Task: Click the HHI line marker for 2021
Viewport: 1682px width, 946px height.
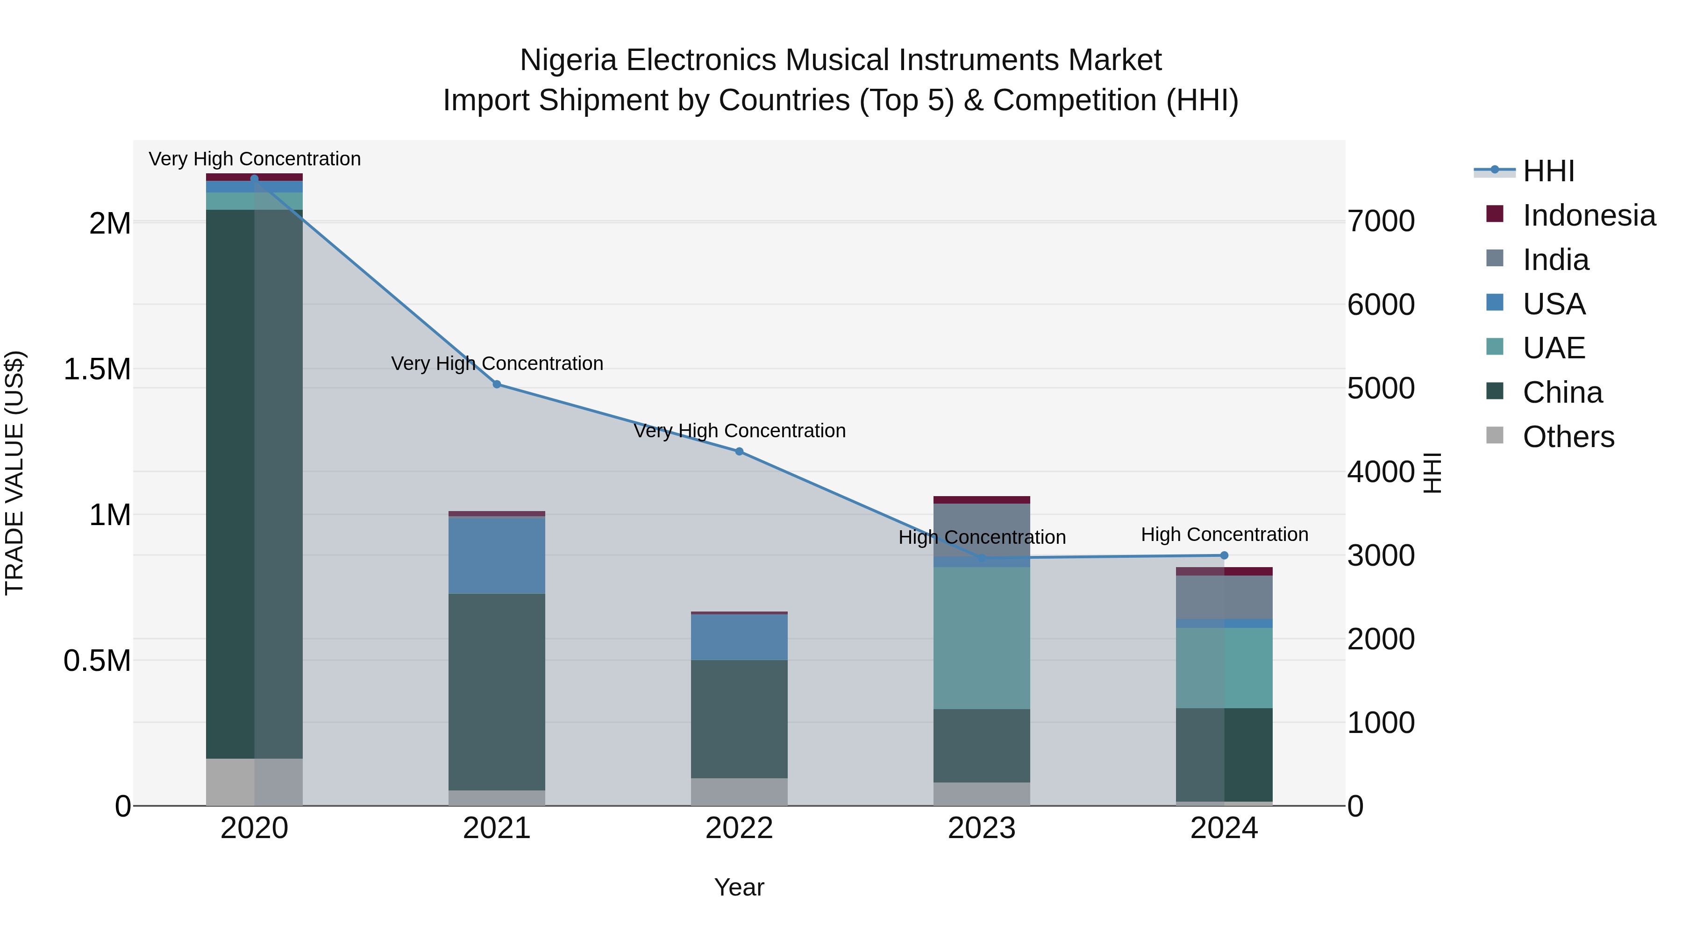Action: pos(497,384)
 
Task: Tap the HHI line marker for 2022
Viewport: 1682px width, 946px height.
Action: pos(739,451)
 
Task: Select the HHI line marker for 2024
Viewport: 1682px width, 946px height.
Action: pos(1224,555)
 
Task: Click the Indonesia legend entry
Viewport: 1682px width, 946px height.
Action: pos(1588,215)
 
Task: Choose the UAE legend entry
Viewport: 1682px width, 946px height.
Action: pos(1554,348)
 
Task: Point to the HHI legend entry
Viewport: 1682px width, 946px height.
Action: pos(1548,171)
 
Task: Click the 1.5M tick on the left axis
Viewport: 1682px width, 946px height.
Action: pos(97,370)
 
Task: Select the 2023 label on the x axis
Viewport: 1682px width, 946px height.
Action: pos(981,828)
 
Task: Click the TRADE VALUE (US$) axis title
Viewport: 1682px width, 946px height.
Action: pos(15,473)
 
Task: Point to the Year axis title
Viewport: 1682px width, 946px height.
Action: pos(739,887)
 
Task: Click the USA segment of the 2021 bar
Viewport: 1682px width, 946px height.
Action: pos(497,555)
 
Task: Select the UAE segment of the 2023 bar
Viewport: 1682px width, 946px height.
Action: pos(981,638)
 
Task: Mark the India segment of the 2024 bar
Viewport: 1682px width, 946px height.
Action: pos(1224,597)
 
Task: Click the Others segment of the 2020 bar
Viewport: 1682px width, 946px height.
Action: pos(254,782)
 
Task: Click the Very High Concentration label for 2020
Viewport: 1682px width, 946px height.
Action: pos(255,159)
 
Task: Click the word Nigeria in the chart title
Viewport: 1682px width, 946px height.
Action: pos(568,61)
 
